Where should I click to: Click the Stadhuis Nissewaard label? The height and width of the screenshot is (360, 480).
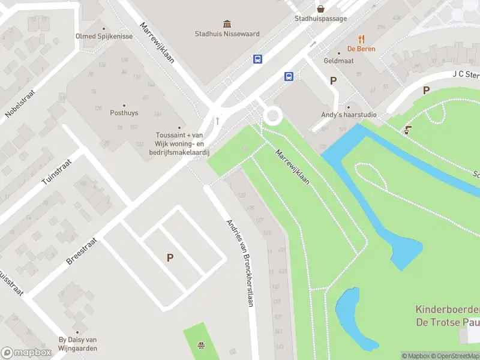(227, 34)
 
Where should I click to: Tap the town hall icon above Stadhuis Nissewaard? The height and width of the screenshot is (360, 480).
(227, 24)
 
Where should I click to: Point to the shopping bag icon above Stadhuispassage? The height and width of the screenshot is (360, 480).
(321, 8)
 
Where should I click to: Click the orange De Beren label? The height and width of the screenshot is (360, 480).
(361, 49)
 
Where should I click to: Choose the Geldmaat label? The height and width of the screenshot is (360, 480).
(338, 61)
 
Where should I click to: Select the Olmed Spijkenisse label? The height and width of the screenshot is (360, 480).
(103, 36)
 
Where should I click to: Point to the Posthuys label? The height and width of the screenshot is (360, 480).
(124, 112)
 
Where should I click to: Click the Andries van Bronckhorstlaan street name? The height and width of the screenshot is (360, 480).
(240, 263)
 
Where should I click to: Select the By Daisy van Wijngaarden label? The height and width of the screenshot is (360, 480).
(77, 344)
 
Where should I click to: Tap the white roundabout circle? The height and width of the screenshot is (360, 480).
(272, 116)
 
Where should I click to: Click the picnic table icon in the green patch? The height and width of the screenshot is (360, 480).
(202, 345)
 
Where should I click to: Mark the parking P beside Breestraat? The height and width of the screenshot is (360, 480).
(170, 257)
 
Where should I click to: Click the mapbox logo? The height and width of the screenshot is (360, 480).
(26, 353)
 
